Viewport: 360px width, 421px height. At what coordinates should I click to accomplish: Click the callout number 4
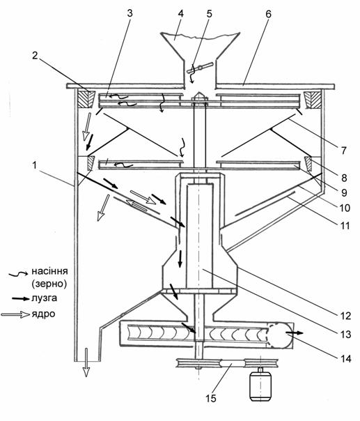pyautogui.click(x=181, y=13)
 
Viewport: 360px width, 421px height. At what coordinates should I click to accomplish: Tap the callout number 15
pyautogui.click(x=211, y=398)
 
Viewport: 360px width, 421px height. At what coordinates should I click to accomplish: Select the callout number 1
pyautogui.click(x=34, y=165)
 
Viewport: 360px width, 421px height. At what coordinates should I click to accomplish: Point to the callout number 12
pyautogui.click(x=345, y=316)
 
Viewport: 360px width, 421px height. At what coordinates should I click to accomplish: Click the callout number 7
pyautogui.click(x=344, y=151)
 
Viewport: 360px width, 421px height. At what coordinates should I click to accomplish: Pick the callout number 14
pyautogui.click(x=345, y=358)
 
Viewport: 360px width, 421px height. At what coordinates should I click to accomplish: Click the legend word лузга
pyautogui.click(x=45, y=298)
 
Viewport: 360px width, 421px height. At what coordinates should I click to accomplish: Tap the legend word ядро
pyautogui.click(x=43, y=314)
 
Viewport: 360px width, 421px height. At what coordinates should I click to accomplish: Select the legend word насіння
pyautogui.click(x=49, y=271)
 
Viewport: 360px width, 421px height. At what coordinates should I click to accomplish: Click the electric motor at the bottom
pyautogui.click(x=260, y=385)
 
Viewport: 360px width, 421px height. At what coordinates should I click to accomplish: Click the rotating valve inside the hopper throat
pyautogui.click(x=200, y=68)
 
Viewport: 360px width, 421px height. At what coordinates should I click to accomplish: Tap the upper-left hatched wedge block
pyautogui.click(x=86, y=100)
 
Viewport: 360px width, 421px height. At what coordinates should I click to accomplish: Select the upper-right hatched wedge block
pyautogui.click(x=313, y=100)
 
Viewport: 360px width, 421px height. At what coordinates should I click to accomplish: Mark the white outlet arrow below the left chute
pyautogui.click(x=86, y=362)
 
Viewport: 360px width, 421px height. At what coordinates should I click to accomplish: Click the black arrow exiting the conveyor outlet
pyautogui.click(x=295, y=333)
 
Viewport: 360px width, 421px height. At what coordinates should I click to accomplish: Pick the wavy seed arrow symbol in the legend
pyautogui.click(x=18, y=274)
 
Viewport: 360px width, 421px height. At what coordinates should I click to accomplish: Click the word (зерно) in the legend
pyautogui.click(x=49, y=284)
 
